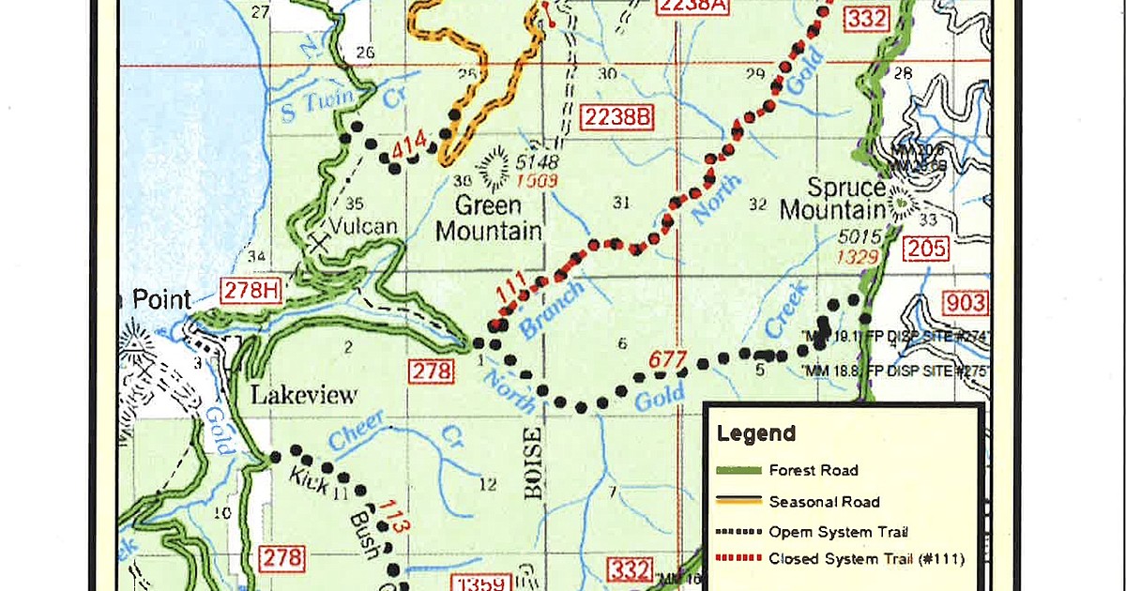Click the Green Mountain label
click(488, 218)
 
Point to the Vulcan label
click(364, 226)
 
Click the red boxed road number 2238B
click(616, 117)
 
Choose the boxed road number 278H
click(251, 291)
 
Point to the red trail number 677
click(668, 361)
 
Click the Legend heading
click(755, 433)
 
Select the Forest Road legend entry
click(813, 470)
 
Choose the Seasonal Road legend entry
click(823, 501)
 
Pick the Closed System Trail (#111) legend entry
click(865, 559)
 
